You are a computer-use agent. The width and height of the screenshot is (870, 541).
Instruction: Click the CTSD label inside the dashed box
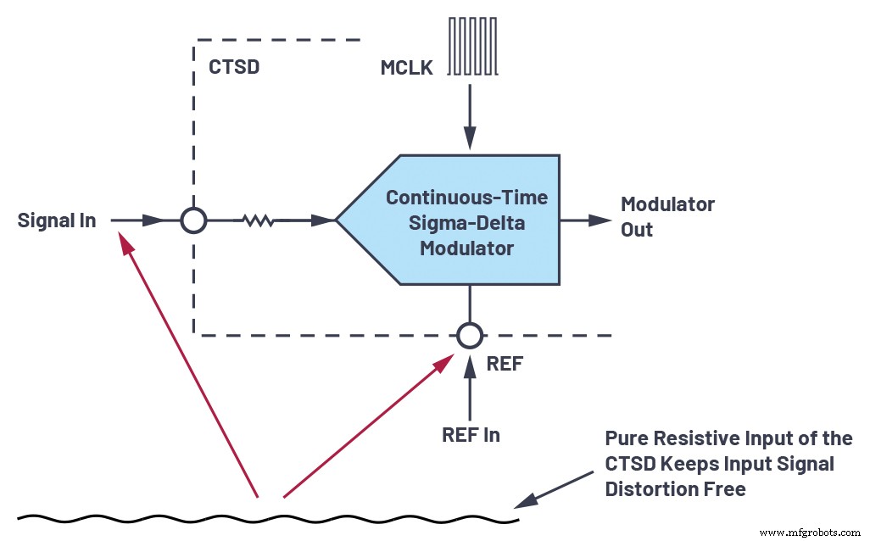pyautogui.click(x=233, y=67)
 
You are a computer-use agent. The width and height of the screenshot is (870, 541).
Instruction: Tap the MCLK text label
pyautogui.click(x=407, y=67)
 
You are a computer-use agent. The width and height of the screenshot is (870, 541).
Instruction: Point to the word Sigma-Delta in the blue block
pyautogui.click(x=466, y=223)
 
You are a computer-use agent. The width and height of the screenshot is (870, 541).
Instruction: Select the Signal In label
pyautogui.click(x=57, y=221)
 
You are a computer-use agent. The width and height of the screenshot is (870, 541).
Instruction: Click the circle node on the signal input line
pyautogui.click(x=194, y=221)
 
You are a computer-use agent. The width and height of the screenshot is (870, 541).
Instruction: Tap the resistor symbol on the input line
pyautogui.click(x=257, y=221)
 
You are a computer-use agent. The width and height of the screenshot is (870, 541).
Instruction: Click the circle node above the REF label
pyautogui.click(x=467, y=335)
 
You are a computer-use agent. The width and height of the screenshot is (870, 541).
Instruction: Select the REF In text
pyautogui.click(x=471, y=435)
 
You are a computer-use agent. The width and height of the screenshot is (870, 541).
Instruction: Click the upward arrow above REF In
pyautogui.click(x=467, y=386)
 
